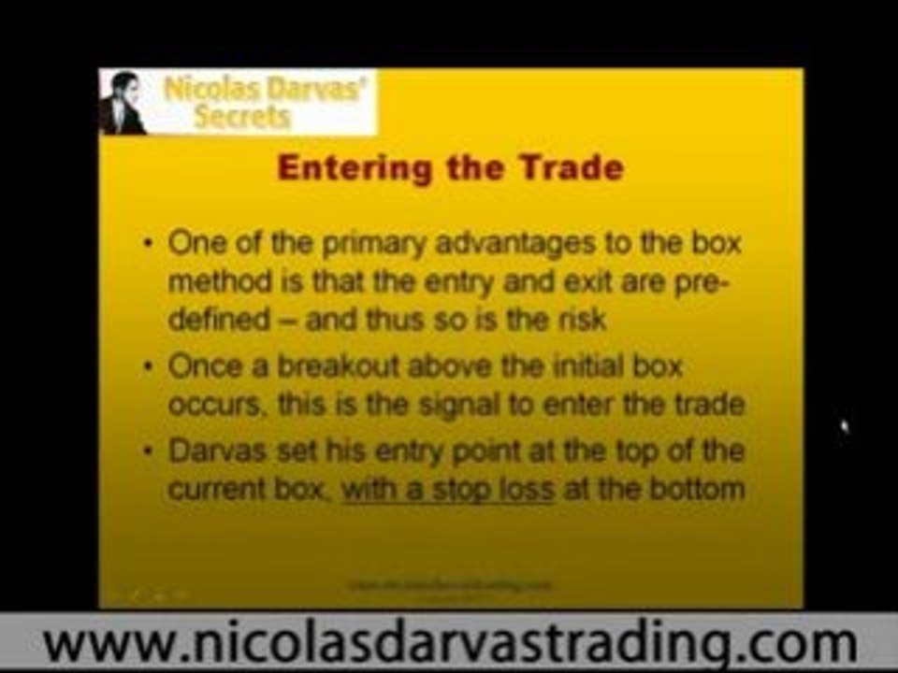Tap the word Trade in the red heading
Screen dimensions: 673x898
point(566,169)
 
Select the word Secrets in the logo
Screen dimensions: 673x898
point(239,118)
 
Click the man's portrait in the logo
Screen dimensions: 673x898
point(123,103)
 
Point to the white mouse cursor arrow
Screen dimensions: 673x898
point(845,427)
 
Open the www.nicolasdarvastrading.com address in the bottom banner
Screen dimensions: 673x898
point(449,644)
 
